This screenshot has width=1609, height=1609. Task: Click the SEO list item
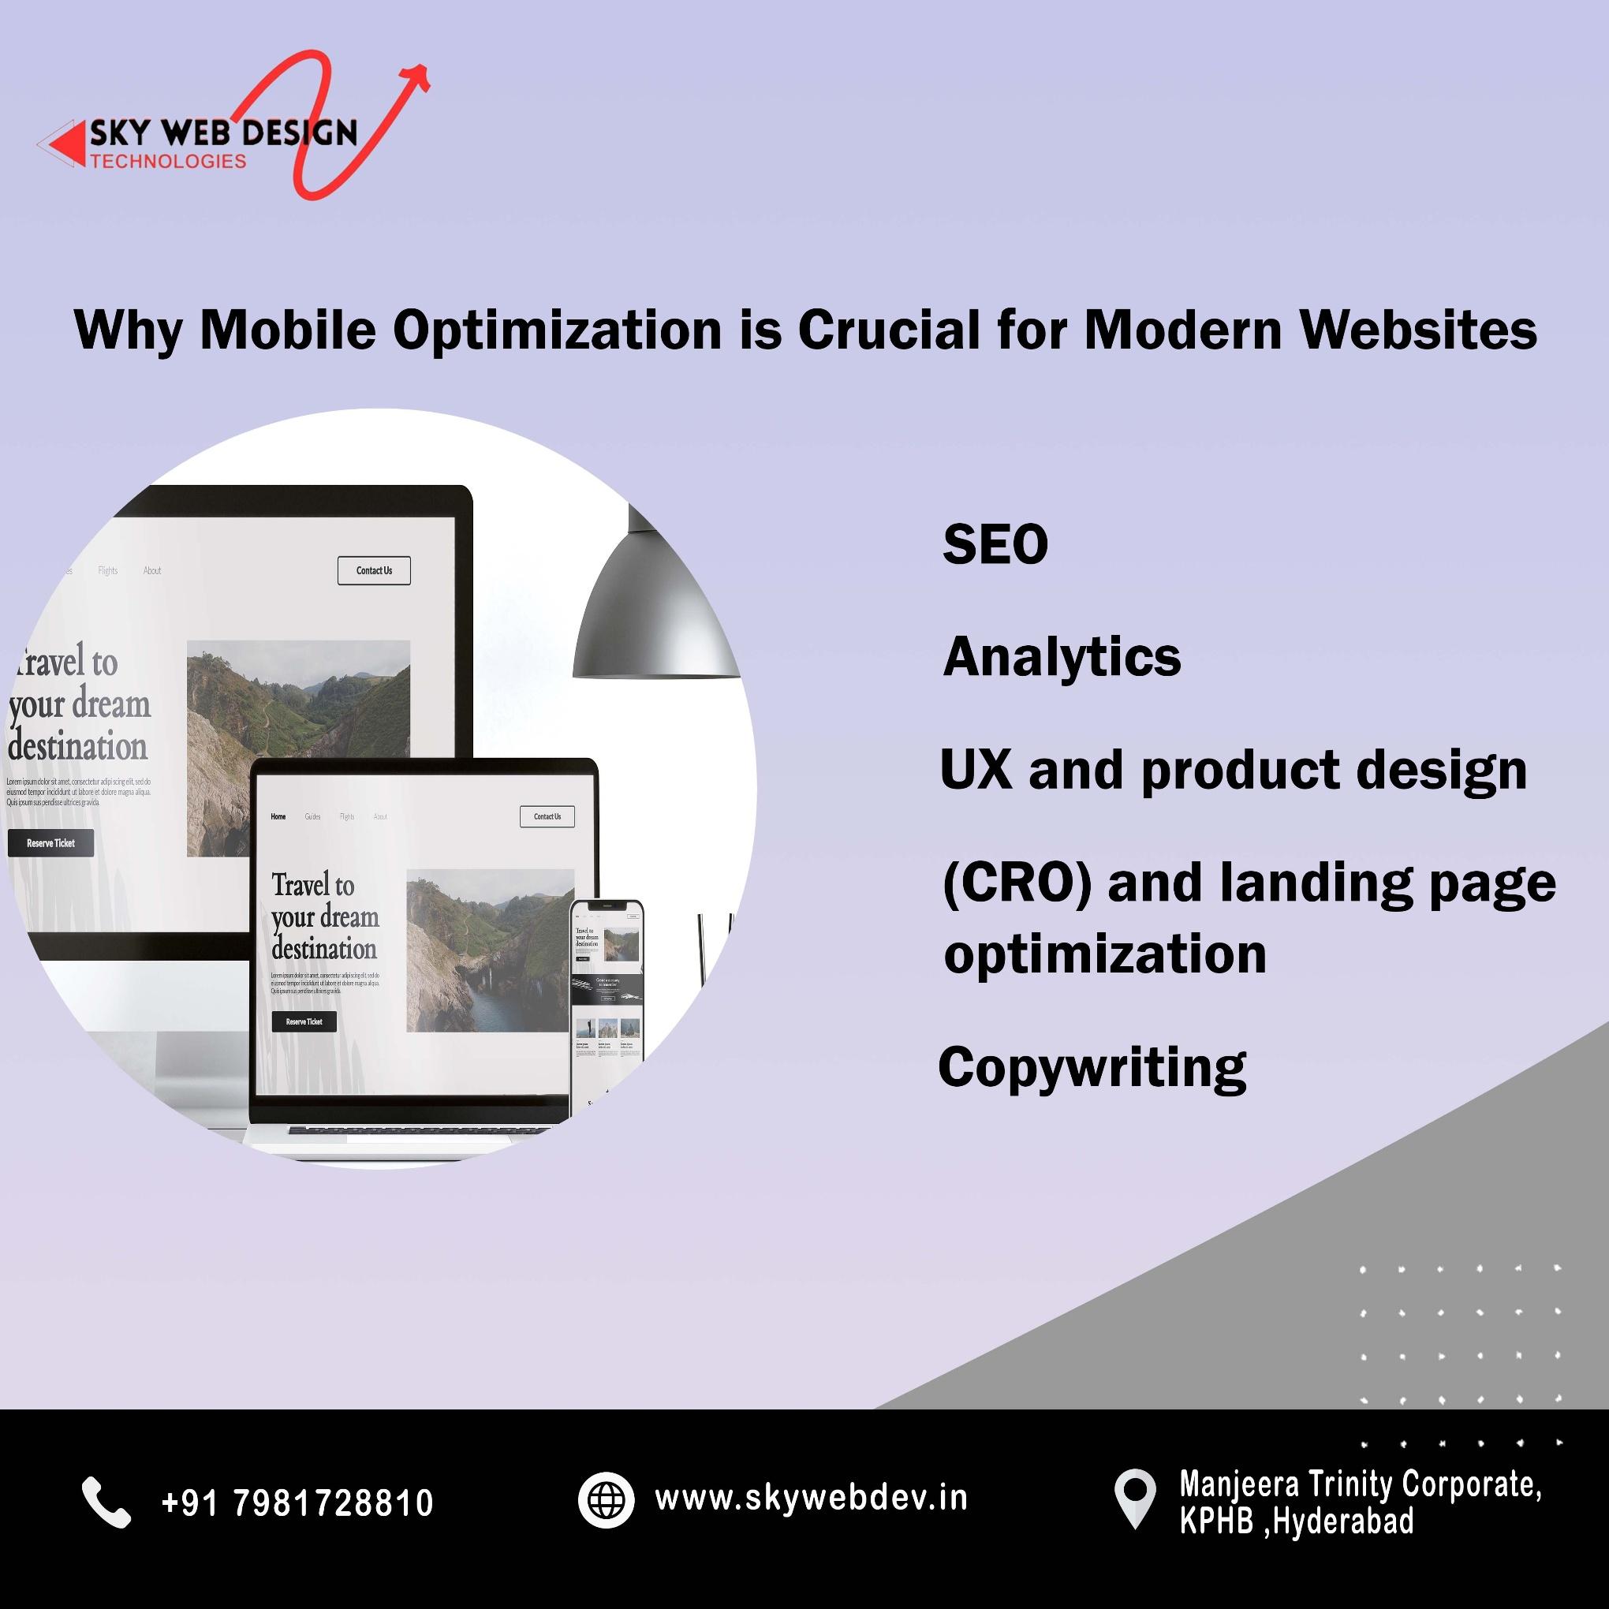tap(995, 546)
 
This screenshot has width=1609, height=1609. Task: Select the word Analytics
tap(1062, 658)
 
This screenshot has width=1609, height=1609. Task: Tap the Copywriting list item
tap(1092, 1068)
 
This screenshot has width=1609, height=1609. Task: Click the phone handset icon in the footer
tap(106, 1503)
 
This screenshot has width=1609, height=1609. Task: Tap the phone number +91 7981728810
tap(297, 1503)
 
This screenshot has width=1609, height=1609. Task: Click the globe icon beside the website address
tap(606, 1500)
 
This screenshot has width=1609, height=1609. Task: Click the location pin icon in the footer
tap(1135, 1499)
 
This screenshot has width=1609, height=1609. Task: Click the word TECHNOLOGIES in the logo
tap(168, 162)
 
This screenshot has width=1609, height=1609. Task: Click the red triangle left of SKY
tap(66, 144)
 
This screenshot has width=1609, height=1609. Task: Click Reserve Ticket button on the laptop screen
tap(304, 1021)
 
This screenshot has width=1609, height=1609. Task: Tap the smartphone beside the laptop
tap(607, 999)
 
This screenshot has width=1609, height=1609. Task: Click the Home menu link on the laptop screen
tap(278, 816)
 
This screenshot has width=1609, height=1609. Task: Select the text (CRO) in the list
tap(1017, 883)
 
